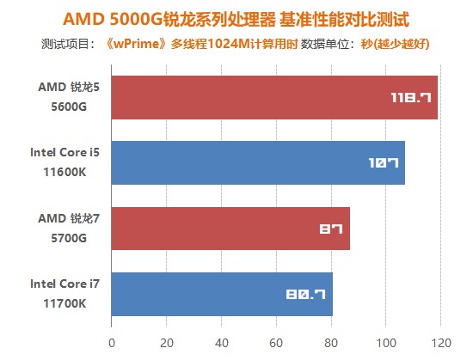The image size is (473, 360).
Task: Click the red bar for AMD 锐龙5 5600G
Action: (274, 97)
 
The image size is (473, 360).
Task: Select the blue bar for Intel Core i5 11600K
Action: (258, 162)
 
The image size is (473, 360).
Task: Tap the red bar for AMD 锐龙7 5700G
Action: (230, 228)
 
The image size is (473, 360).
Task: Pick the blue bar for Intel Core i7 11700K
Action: (222, 293)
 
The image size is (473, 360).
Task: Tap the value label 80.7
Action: (305, 294)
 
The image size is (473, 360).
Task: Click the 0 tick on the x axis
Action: (111, 343)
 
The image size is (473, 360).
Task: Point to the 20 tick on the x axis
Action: (166, 343)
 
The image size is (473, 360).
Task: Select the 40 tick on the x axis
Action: (221, 343)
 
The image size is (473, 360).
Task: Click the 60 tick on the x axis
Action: (276, 343)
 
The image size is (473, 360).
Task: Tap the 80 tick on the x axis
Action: (331, 343)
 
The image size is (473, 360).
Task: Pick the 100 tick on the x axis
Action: (386, 343)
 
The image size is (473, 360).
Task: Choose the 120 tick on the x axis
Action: (441, 343)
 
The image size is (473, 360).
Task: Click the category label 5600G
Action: (68, 107)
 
